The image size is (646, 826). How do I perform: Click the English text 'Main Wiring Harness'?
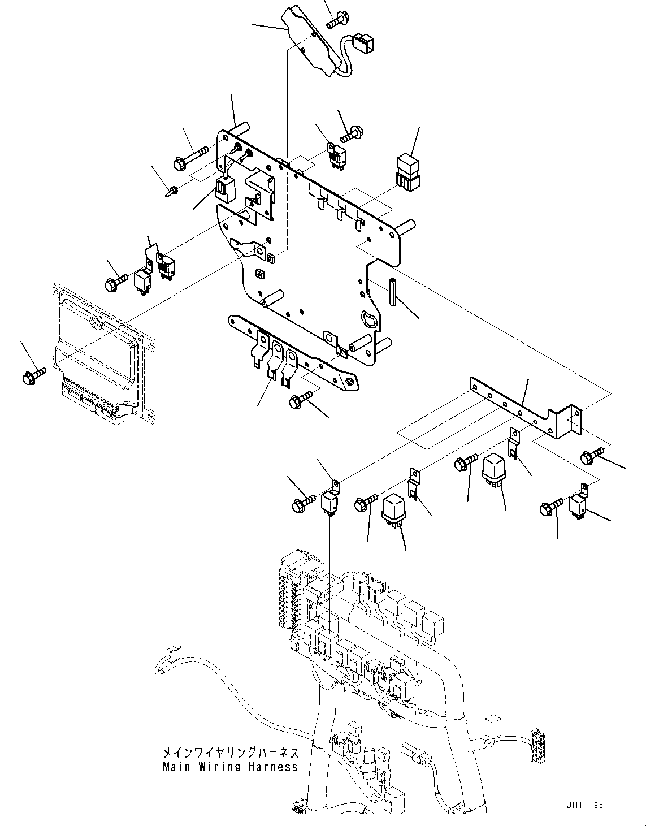click(x=230, y=767)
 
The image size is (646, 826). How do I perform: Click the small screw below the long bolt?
click(x=172, y=191)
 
